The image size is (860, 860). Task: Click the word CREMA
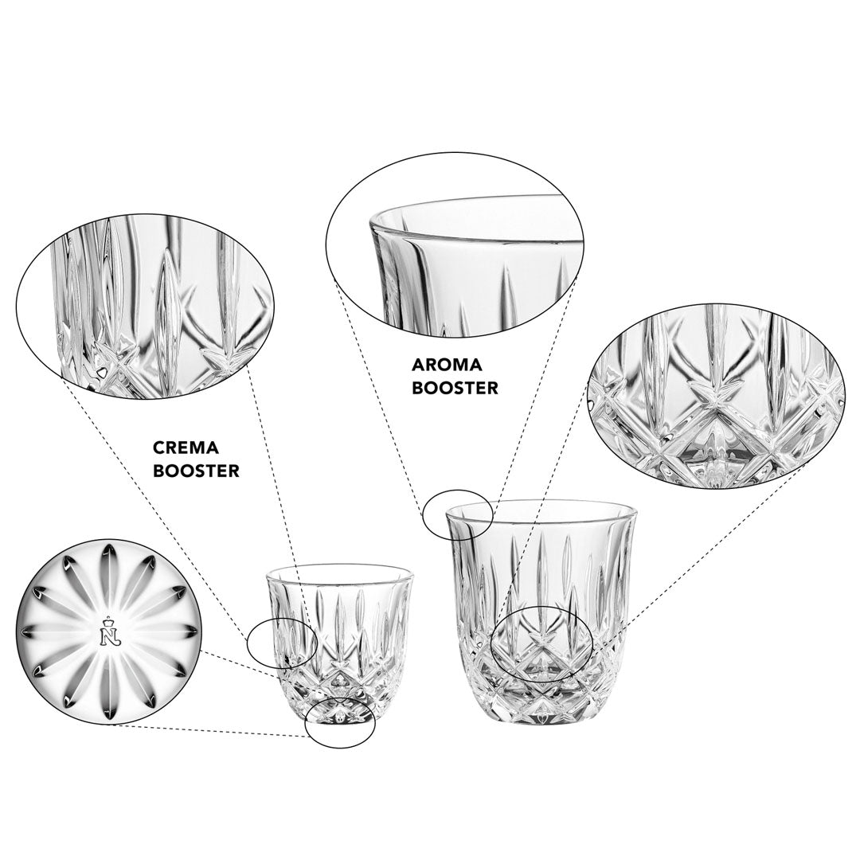pos(186,448)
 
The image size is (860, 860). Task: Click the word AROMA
pos(447,364)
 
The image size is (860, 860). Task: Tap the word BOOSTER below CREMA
pos(196,471)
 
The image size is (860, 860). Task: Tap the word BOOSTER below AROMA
pos(455,387)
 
